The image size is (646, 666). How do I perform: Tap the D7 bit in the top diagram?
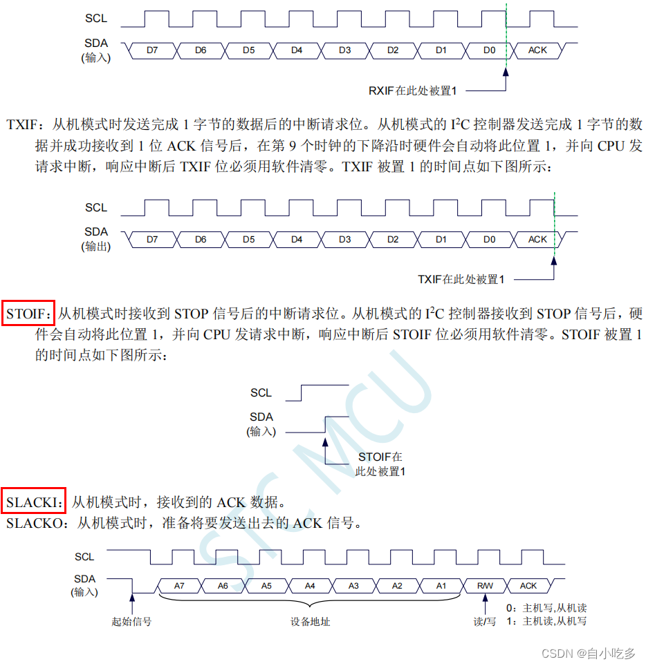152,50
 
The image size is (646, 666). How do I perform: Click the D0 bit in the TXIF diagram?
489,240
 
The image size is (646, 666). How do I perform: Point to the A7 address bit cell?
179,586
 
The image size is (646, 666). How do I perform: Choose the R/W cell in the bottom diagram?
485,586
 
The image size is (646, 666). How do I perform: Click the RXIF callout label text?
414,91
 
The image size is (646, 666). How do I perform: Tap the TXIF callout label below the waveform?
461,280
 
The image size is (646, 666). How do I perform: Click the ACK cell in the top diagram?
537,50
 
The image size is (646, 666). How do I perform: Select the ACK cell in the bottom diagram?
528,586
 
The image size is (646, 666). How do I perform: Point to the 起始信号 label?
131,621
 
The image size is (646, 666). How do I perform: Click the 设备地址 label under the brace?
311,621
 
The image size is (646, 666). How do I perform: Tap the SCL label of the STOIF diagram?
261,393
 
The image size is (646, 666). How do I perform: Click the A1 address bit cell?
441,586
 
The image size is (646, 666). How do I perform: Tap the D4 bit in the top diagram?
297,50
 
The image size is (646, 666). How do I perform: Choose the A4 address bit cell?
310,586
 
